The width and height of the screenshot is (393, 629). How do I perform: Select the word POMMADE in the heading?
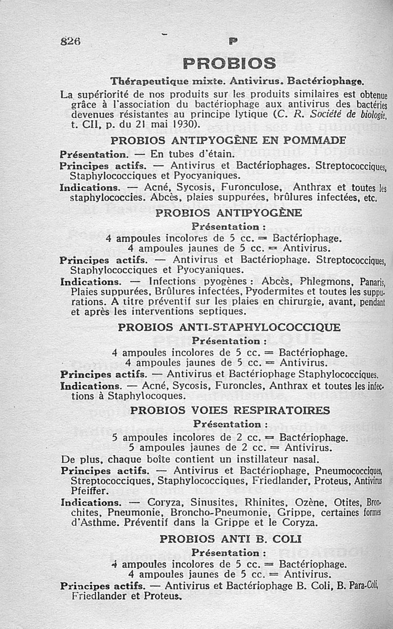314,140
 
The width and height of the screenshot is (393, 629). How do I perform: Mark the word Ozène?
310,503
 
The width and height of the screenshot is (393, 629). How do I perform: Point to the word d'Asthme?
90,522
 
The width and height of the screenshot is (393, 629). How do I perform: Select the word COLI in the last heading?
286,539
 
